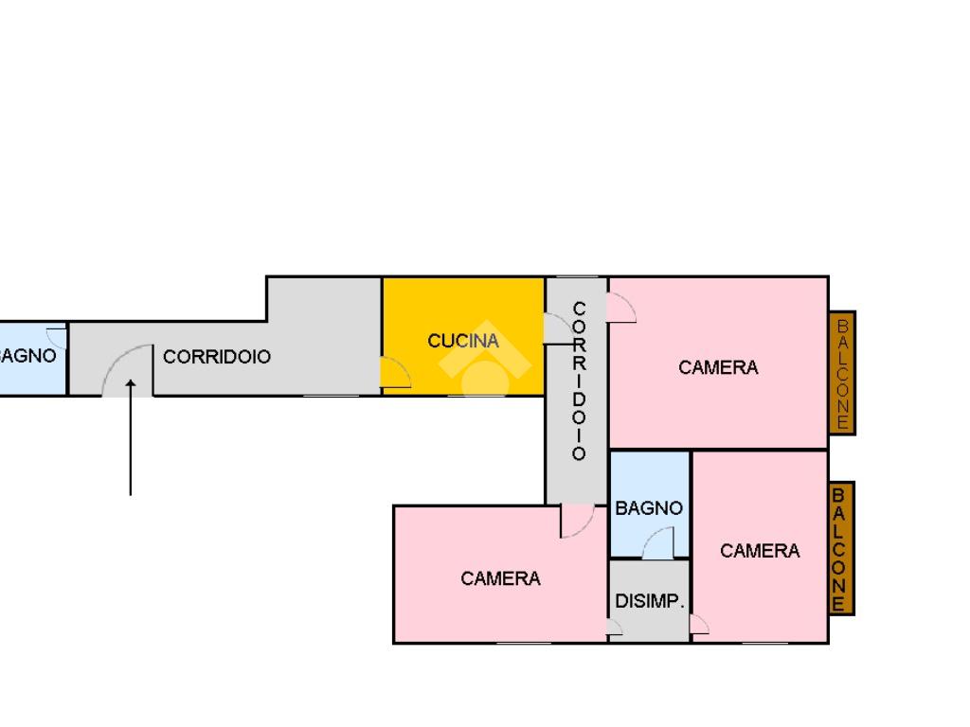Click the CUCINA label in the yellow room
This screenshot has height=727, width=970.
[x=463, y=341]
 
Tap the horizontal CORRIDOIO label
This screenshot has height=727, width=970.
[x=217, y=357]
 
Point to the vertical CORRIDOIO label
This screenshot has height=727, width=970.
[x=579, y=381]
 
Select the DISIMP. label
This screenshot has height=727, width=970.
[x=650, y=601]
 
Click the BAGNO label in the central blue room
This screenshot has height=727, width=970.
[x=649, y=508]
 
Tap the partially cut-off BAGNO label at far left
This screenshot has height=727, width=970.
[x=28, y=357]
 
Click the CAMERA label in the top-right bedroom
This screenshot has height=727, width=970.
[x=718, y=367]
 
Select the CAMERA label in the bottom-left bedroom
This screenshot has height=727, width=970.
[x=500, y=578]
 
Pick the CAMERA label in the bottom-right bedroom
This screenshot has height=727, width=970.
[x=760, y=551]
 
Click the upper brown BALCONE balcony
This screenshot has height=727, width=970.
[x=842, y=373]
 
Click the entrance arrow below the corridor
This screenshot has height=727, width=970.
[x=131, y=435]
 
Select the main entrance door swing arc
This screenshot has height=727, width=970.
[x=126, y=368]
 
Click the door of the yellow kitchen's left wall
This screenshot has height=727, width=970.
[x=395, y=372]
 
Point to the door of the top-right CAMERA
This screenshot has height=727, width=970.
[x=621, y=308]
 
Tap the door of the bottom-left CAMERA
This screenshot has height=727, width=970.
[x=576, y=521]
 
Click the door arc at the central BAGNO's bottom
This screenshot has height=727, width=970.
[x=658, y=543]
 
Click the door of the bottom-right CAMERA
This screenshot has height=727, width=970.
[x=699, y=625]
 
